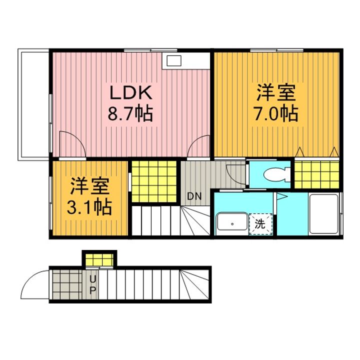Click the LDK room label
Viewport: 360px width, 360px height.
[131, 92]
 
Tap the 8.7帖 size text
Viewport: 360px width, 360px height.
[130, 113]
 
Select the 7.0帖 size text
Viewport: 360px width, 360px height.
[275, 113]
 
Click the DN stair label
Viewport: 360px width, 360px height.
[194, 196]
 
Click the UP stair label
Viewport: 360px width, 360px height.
[92, 284]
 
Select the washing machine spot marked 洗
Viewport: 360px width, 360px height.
[260, 224]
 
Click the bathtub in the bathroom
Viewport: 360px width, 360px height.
[323, 214]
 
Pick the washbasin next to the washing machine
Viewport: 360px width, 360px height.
[232, 221]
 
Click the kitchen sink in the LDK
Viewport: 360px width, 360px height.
[174, 61]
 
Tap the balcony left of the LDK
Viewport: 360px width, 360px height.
[33, 104]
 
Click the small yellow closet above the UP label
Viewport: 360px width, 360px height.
[99, 259]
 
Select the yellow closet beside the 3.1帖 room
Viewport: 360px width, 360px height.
[154, 181]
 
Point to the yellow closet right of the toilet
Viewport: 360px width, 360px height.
[317, 174]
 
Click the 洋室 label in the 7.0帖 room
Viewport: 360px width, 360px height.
[275, 92]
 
